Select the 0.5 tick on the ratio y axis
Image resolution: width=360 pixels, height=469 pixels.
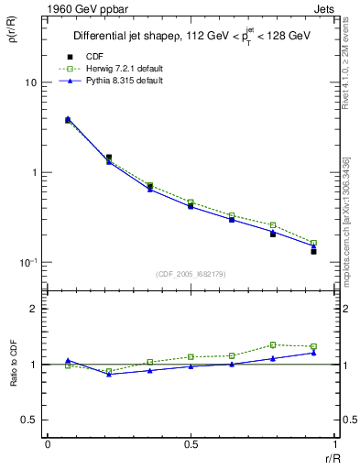tap(29, 420)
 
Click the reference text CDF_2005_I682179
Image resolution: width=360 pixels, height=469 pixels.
tap(191, 273)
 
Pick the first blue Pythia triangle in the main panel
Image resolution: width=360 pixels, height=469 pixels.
tap(68, 118)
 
